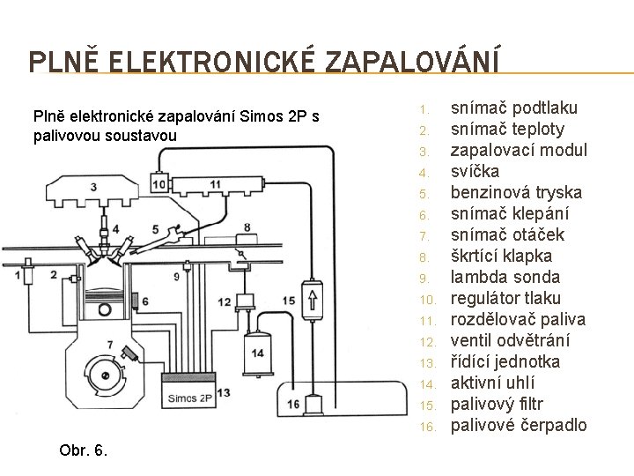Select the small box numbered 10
click(159, 182)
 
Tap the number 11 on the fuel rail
click(216, 182)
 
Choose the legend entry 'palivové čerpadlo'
click(518, 426)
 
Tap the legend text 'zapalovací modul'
click(519, 150)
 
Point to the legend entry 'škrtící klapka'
click(501, 256)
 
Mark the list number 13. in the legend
click(424, 363)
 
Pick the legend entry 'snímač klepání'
click(508, 213)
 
